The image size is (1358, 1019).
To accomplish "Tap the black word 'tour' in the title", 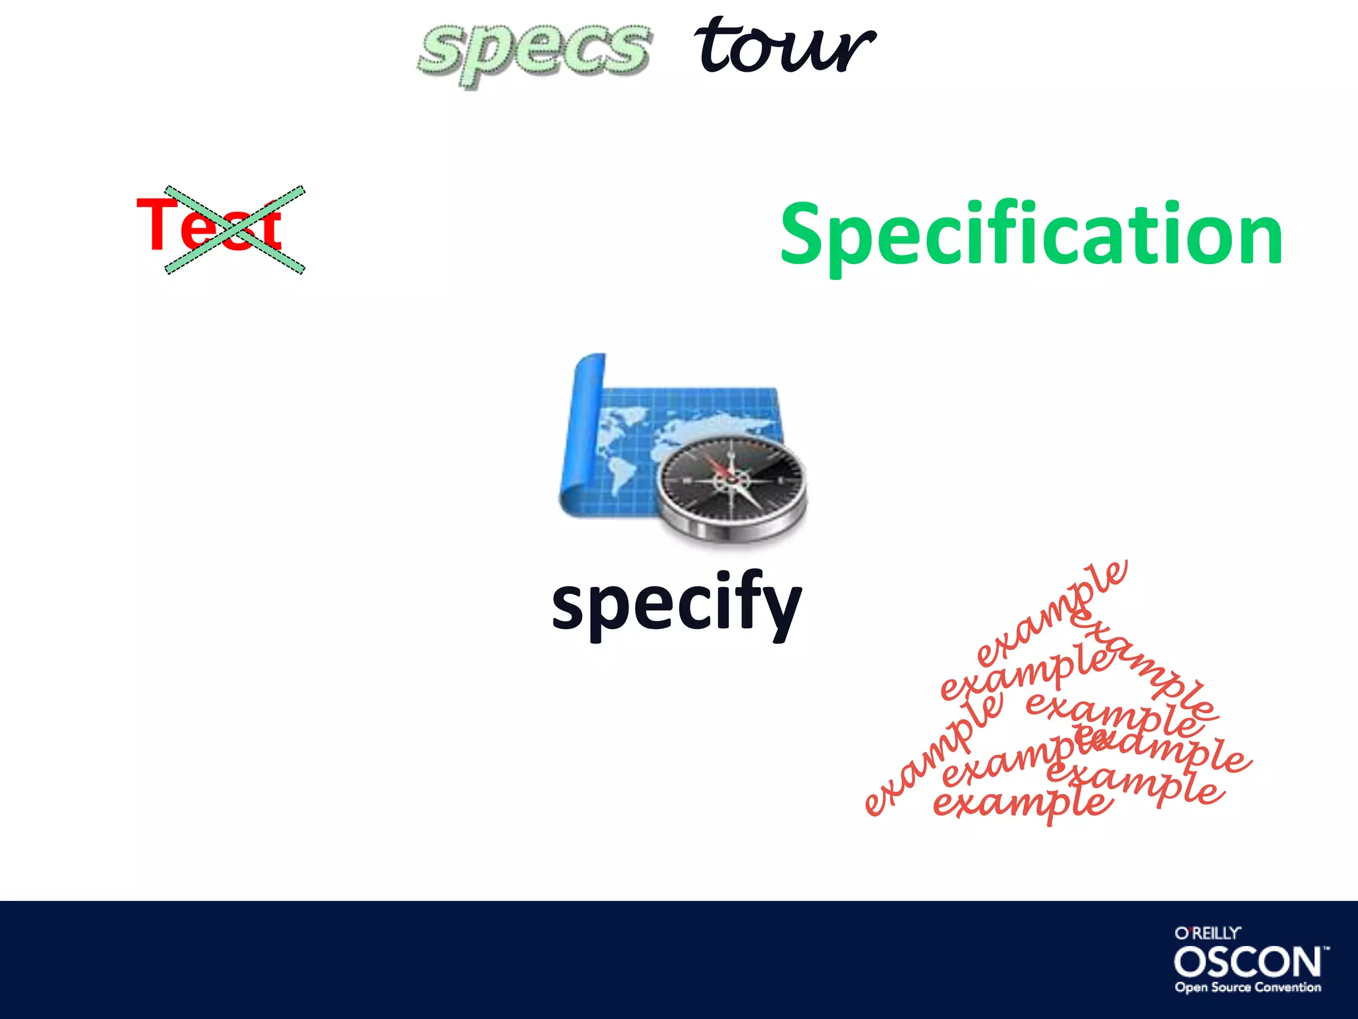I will pos(784,46).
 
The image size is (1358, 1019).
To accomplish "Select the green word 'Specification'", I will pos(1031,236).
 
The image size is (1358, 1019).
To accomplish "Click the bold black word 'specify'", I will pos(676,604).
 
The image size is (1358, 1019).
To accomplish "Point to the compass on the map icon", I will pos(732,479).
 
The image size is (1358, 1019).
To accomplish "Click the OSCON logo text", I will pos(1248,962).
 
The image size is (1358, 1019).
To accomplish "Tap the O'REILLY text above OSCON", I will pos(1207,933).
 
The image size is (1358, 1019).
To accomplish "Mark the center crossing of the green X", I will pos(235,230).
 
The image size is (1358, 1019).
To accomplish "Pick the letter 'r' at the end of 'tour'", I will pos(852,50).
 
